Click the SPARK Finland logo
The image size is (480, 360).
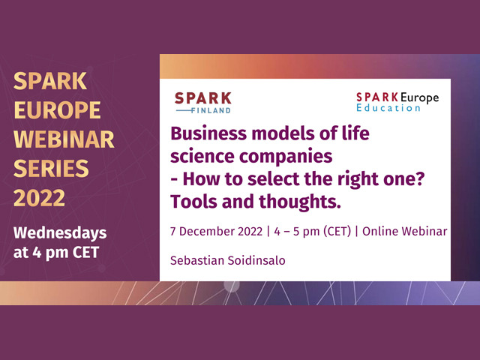tap(203, 103)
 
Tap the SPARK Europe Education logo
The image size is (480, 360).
tap(397, 102)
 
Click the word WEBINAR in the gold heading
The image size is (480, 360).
tap(64, 139)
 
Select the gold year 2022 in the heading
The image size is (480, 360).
tap(39, 198)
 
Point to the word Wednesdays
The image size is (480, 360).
tap(60, 233)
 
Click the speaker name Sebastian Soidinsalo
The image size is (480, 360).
tap(228, 260)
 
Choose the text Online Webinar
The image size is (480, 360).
tap(405, 231)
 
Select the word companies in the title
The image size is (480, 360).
tap(286, 157)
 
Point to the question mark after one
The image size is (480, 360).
tap(420, 178)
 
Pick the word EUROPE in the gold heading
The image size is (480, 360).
tap(57, 110)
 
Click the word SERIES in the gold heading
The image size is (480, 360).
tap(51, 169)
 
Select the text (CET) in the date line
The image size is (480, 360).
tap(337, 232)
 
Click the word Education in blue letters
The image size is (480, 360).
tap(388, 108)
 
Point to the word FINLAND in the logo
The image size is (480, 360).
tap(211, 110)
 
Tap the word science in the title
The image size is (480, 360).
tap(202, 157)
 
